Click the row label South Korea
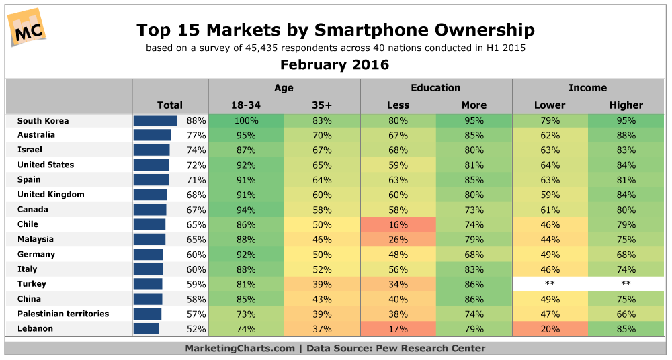coord(43,121)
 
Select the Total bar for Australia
coord(153,135)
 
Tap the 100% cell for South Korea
coord(245,121)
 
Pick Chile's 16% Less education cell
coord(398,224)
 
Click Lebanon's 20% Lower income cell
coord(550,328)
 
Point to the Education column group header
coord(435,88)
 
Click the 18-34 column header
coord(245,105)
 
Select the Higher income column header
coord(626,105)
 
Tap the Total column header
coord(169,105)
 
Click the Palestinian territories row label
coord(63,314)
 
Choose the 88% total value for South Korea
coord(196,121)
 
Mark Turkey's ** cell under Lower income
coord(550,284)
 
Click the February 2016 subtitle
coord(335,65)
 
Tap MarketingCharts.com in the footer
coord(240,348)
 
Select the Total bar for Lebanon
coord(146,328)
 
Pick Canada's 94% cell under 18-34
coord(245,210)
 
